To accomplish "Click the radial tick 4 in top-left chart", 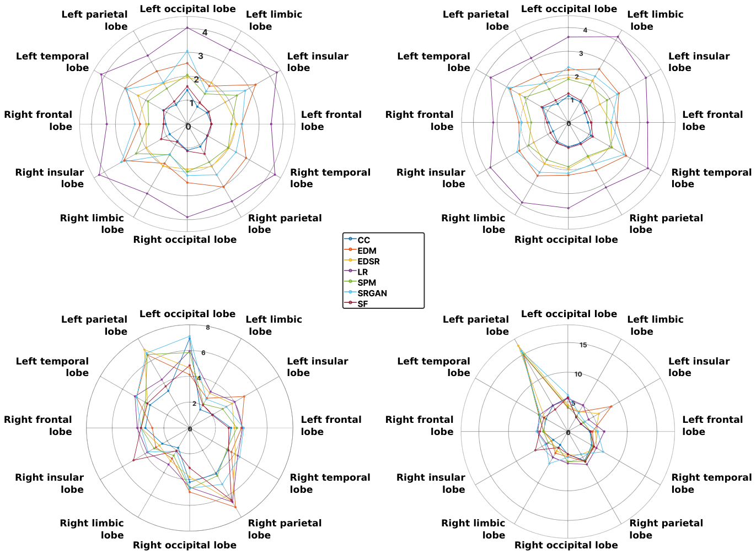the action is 205,32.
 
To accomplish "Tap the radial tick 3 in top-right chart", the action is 581,53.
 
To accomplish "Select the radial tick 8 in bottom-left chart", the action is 208,328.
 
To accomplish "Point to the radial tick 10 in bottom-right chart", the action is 578,374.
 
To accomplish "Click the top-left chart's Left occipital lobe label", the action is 187,9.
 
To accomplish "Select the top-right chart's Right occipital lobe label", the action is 566,240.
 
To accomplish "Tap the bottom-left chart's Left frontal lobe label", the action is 331,426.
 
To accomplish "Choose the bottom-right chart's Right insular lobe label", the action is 431,483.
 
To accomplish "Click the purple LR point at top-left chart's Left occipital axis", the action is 187,28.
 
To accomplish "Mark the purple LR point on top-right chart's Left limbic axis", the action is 618,37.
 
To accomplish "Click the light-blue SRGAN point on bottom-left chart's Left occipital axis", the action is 189,336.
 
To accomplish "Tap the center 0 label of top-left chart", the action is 189,127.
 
